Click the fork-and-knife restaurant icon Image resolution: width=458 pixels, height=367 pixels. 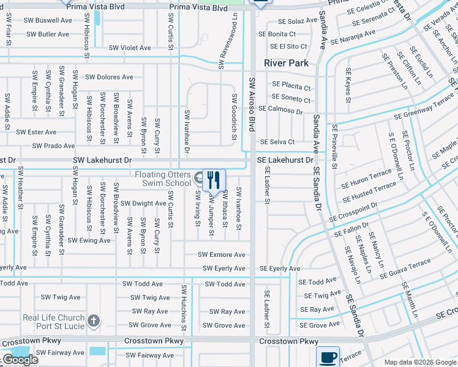[x=213, y=179]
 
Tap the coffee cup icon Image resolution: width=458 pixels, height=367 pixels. [x=328, y=357]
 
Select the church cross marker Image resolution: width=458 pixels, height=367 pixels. [x=93, y=321]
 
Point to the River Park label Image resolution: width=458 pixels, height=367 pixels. [x=285, y=63]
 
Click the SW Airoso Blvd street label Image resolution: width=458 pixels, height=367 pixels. [x=251, y=104]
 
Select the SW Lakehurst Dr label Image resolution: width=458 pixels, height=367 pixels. [x=102, y=160]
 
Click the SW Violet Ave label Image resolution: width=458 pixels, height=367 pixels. [x=130, y=48]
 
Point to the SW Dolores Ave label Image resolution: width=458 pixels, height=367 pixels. [x=109, y=77]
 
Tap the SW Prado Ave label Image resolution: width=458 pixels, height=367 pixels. [x=54, y=146]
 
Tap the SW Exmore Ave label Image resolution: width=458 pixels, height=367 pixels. [x=221, y=254]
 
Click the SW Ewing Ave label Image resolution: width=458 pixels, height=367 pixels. [x=89, y=240]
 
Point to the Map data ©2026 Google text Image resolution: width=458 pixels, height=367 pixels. [x=419, y=362]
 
